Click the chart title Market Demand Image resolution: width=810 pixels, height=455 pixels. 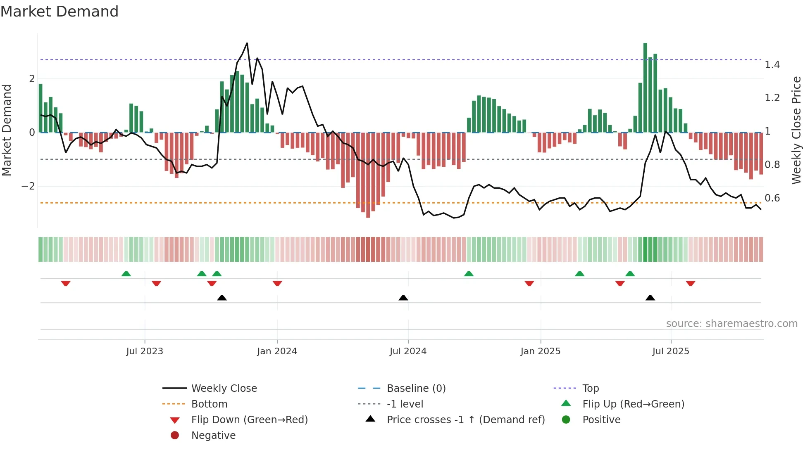point(60,12)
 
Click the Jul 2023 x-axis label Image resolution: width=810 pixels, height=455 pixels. point(145,351)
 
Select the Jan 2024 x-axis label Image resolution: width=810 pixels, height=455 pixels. point(277,351)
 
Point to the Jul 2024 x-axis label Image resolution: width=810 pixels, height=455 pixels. point(408,351)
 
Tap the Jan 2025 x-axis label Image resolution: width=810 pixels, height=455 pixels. point(540,351)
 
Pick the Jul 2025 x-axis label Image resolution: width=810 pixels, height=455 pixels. point(671,351)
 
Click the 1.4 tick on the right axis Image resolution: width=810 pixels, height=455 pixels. point(772,65)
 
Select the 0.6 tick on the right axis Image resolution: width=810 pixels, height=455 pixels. point(772,198)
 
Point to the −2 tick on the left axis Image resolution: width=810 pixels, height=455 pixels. point(28,186)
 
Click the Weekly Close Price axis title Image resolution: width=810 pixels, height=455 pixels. point(796,130)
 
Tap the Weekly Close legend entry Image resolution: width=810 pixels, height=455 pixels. point(224,389)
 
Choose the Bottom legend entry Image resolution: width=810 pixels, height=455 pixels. point(209,404)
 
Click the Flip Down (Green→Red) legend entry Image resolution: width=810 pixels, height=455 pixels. point(249,420)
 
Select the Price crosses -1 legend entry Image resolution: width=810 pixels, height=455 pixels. point(465,420)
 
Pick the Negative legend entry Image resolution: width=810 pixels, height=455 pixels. point(213,436)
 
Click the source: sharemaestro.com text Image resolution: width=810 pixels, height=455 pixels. point(731,324)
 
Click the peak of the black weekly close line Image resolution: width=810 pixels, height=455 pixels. point(247,43)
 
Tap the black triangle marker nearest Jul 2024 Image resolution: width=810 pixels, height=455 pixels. point(403,298)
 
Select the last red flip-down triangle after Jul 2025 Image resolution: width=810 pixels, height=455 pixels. point(691,283)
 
